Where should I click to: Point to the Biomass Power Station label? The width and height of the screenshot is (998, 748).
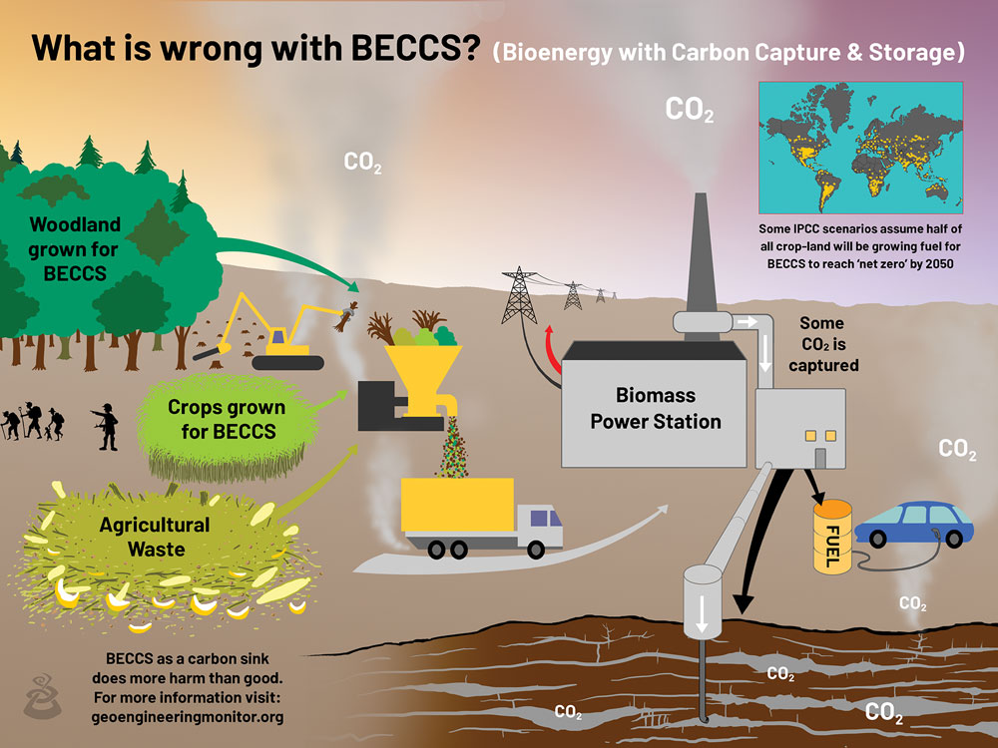(x=655, y=409)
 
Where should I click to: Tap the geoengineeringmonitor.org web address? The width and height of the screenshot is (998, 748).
(x=187, y=716)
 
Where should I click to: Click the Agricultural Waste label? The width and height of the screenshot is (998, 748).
(x=155, y=536)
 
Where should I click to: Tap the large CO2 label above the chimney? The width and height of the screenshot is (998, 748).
(x=689, y=110)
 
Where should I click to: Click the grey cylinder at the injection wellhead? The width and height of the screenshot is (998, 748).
(x=702, y=599)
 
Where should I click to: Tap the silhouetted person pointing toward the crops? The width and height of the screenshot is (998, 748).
(x=106, y=426)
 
